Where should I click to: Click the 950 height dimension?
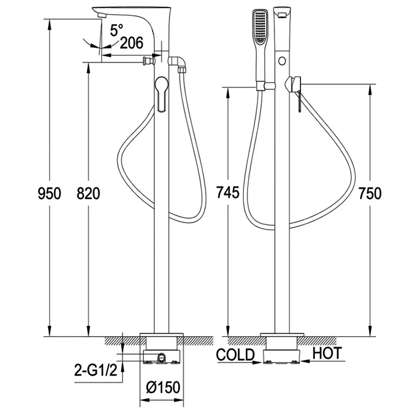(x=49, y=193)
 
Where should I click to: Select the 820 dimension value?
(x=88, y=193)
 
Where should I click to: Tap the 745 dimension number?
(x=228, y=193)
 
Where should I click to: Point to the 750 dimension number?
(x=370, y=193)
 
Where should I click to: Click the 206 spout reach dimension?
(x=132, y=43)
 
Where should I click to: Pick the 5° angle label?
(x=117, y=30)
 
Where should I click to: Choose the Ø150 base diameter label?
(x=163, y=387)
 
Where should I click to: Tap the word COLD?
(x=235, y=354)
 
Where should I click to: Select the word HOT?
(x=327, y=353)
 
